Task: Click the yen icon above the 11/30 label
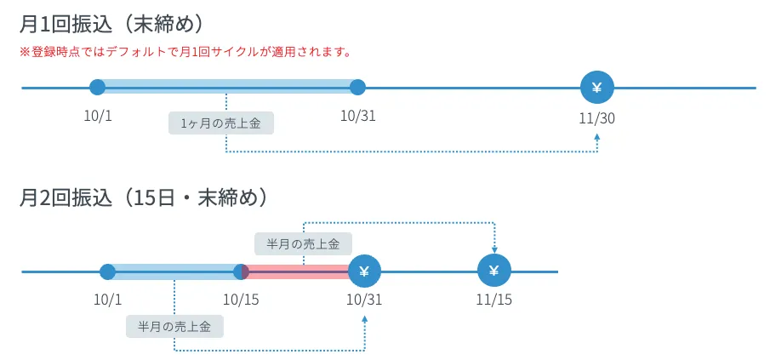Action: pos(596,87)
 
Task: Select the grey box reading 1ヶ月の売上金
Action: pos(221,123)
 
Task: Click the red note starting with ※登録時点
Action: pos(185,52)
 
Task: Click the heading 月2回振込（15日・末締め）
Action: pos(145,198)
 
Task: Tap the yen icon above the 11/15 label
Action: pos(494,271)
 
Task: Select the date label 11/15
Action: pos(493,300)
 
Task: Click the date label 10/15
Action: pos(241,300)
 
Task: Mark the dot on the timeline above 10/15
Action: pos(241,272)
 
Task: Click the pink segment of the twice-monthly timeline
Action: pos(298,272)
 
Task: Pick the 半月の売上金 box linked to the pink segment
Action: pos(303,244)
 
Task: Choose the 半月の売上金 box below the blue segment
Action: pos(174,327)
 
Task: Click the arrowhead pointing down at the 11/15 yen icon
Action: pos(494,250)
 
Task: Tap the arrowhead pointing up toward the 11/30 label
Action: pos(597,136)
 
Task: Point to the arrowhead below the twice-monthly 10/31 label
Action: pos(365,318)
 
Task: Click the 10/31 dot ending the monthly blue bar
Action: pos(357,87)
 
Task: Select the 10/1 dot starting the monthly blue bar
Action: pos(98,87)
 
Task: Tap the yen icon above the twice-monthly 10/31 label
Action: pos(365,271)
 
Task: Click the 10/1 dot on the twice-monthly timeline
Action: pos(107,272)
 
